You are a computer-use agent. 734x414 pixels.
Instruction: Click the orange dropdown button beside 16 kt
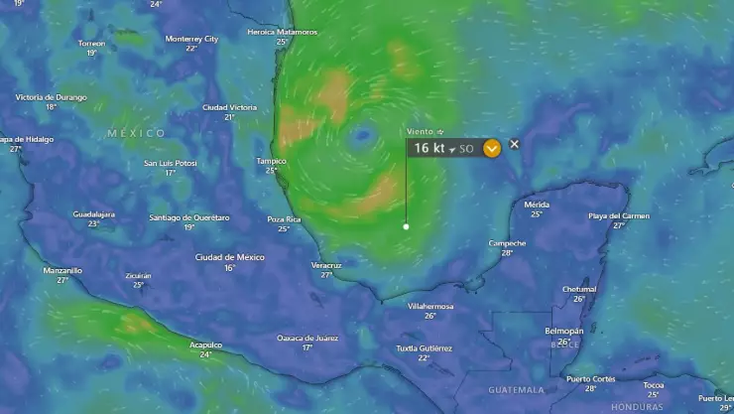point(492,148)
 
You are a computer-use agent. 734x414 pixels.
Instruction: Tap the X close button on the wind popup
point(514,144)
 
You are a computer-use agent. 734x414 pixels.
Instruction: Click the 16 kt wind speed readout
point(429,148)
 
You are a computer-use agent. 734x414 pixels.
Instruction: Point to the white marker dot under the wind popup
point(406,226)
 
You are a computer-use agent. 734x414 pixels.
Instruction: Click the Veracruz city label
point(326,265)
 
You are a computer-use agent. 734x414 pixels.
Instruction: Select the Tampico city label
point(271,161)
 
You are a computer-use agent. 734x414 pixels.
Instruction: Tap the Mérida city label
point(537,205)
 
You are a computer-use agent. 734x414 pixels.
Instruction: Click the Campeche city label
point(507,243)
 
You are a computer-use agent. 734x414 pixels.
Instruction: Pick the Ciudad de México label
point(230,257)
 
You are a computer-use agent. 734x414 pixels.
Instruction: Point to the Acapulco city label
point(205,345)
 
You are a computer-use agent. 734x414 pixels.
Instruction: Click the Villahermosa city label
point(430,306)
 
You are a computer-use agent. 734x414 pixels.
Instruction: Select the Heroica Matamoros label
point(283,32)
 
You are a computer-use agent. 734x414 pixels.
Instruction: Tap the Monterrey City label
point(191,39)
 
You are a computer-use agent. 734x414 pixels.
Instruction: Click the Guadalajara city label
point(93,214)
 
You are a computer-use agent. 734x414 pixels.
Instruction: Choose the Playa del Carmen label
point(619,215)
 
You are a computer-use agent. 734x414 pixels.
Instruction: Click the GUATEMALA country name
point(515,389)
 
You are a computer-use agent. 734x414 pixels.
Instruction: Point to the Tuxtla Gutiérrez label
point(424,348)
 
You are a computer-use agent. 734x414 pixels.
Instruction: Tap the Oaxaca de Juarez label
point(307,338)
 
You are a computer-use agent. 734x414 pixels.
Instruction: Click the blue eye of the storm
point(363,133)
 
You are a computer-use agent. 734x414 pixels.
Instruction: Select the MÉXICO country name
point(137,133)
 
